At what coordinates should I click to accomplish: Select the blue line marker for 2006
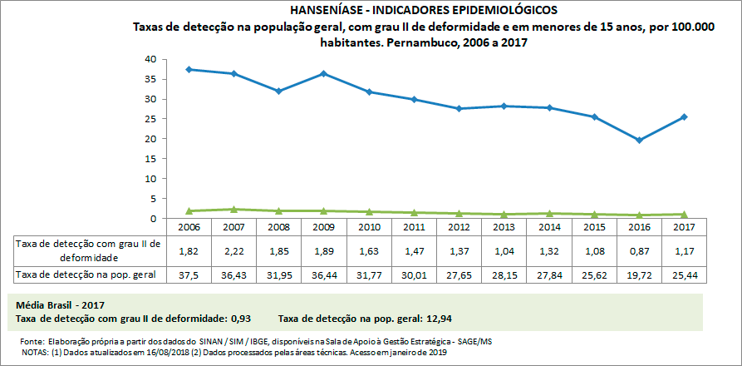coord(189,69)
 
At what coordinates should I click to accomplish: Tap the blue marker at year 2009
coord(323,73)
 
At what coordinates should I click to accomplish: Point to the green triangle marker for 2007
coord(234,210)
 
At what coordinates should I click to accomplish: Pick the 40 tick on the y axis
coord(150,59)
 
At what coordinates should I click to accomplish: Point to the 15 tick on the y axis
coord(150,159)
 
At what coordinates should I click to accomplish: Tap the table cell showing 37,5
coord(189,274)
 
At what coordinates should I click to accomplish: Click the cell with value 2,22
coord(234,250)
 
